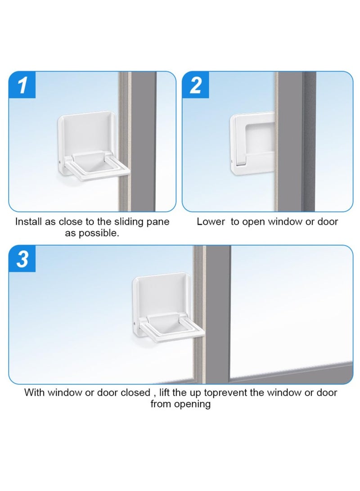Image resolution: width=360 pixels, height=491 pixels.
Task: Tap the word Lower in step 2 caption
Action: coord(210,222)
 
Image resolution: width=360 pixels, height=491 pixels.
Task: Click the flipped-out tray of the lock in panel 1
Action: coord(98,169)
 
